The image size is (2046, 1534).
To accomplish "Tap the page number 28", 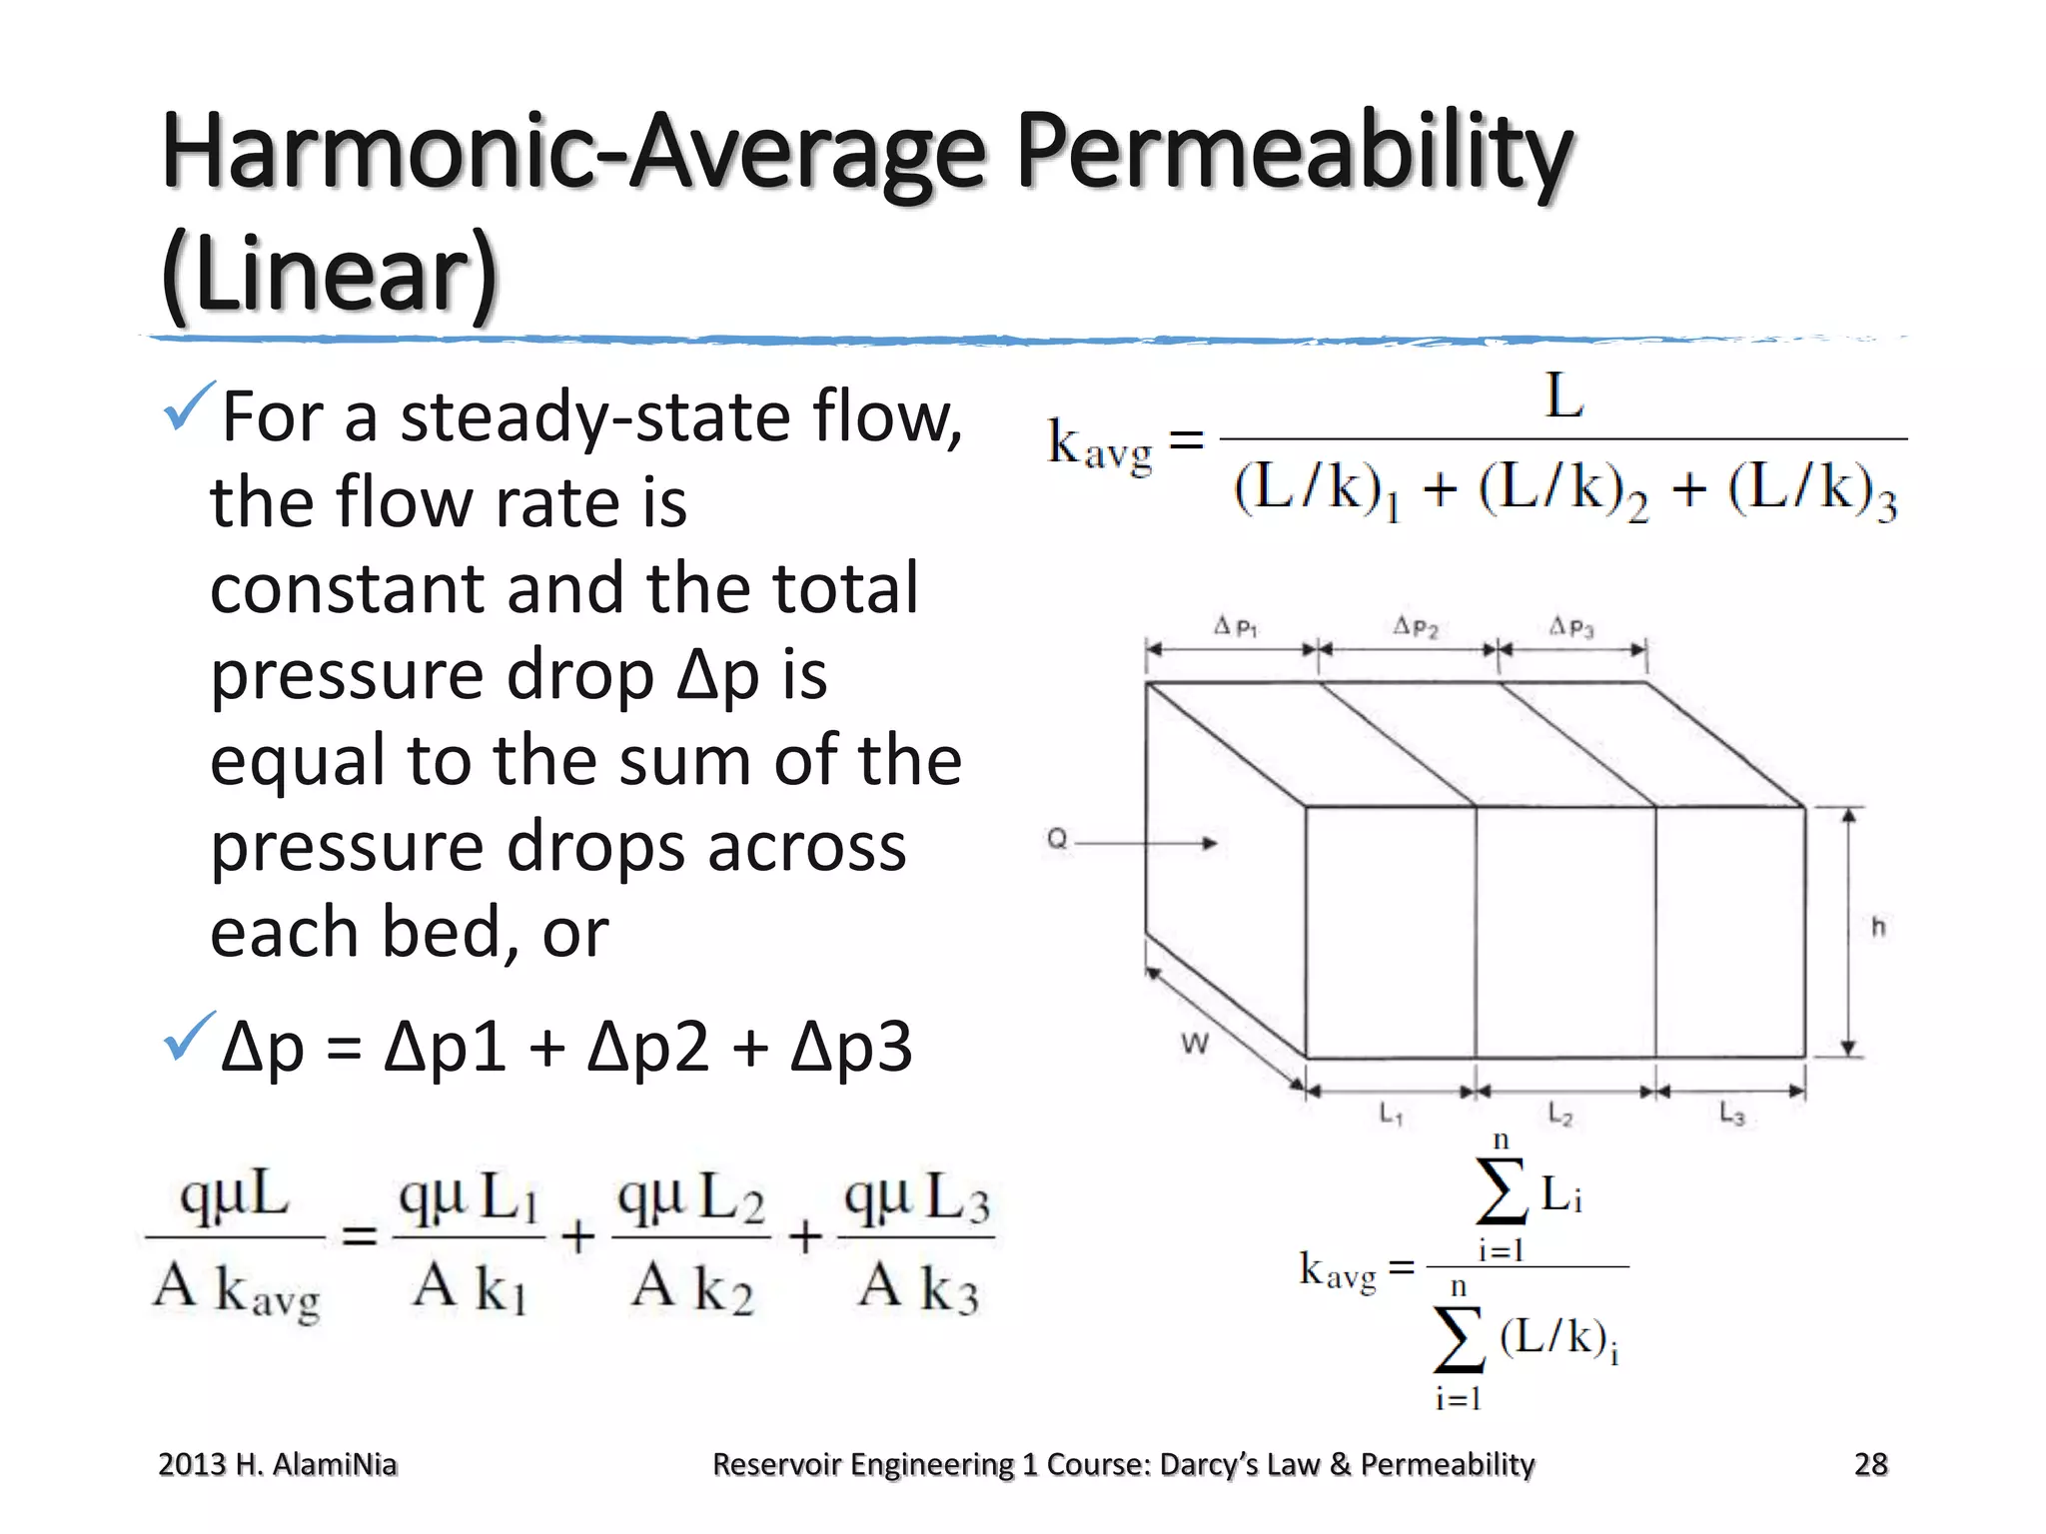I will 1870,1464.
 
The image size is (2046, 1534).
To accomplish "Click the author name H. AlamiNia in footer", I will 316,1464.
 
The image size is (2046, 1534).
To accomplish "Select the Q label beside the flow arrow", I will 1057,839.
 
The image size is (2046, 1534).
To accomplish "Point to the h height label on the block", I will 1878,927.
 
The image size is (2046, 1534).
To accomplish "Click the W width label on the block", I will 1195,1044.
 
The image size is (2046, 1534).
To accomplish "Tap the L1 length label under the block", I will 1391,1113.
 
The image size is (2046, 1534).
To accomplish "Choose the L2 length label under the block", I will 1559,1113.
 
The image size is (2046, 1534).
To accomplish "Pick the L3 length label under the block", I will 1731,1113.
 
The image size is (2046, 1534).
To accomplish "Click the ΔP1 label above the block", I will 1235,627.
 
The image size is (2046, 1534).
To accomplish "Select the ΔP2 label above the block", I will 1416,627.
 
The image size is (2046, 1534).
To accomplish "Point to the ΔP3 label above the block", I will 1571,627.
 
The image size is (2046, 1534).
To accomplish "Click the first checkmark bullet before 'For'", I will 188,405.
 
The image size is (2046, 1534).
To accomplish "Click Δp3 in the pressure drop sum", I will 851,1047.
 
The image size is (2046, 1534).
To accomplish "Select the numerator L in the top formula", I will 1563,396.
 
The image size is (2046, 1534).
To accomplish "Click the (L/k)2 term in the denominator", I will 1562,491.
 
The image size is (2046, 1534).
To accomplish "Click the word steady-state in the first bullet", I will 595,416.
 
